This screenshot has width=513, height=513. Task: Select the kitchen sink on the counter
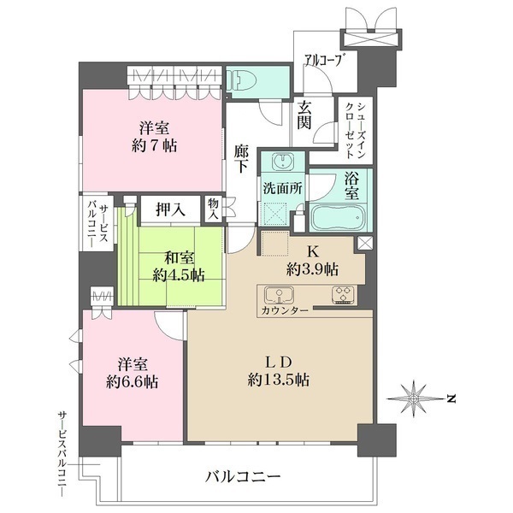point(279,296)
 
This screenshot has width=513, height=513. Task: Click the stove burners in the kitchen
point(343,296)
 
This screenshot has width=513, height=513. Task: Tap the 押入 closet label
point(168,209)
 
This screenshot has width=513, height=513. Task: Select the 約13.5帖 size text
point(279,380)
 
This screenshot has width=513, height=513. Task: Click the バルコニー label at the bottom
point(243,476)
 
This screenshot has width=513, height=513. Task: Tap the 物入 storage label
point(212,209)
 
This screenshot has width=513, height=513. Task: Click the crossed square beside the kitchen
point(365,244)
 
